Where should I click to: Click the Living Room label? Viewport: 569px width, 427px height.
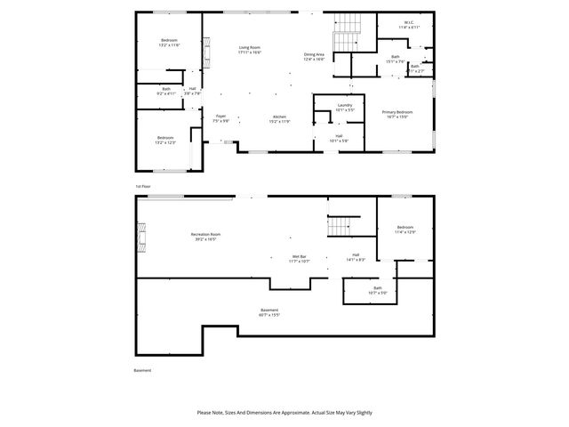click(249, 50)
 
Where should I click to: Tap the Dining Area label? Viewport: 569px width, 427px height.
click(314, 57)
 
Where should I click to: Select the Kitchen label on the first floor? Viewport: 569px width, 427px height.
click(278, 118)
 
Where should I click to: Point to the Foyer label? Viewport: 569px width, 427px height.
click(220, 118)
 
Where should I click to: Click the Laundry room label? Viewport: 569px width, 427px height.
click(345, 108)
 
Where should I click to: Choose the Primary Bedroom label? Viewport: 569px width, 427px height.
click(395, 114)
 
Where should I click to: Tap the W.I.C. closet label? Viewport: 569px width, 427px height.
click(409, 25)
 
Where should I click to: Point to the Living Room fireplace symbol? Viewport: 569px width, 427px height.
click(206, 52)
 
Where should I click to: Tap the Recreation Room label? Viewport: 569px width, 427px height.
click(204, 237)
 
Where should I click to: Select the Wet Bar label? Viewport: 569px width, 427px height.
click(299, 259)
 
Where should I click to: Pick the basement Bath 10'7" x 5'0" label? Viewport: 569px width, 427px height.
click(378, 290)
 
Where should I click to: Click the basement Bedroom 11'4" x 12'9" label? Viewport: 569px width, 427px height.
click(405, 230)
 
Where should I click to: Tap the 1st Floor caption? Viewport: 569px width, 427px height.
click(141, 186)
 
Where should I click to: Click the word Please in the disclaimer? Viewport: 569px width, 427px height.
click(205, 413)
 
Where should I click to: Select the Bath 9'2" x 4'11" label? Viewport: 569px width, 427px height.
click(168, 92)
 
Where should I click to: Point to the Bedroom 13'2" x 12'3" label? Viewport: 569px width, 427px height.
click(166, 140)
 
